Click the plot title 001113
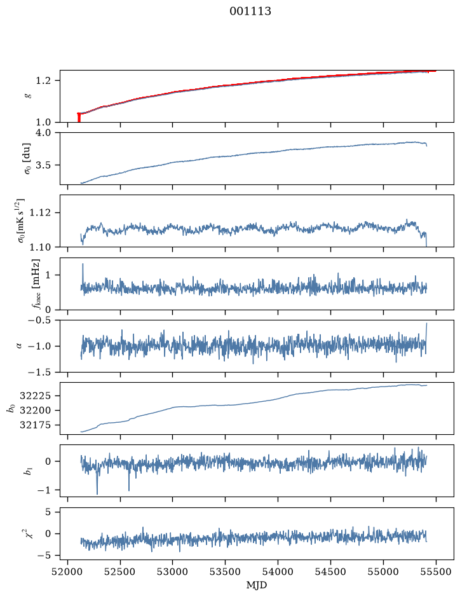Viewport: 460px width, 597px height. coord(250,11)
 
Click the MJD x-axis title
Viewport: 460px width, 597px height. coord(257,585)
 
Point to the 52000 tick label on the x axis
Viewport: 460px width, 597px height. coord(68,572)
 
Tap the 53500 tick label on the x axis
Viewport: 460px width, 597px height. coord(226,572)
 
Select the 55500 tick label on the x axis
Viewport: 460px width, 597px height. coord(436,572)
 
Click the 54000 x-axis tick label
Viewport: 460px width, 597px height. coord(278,572)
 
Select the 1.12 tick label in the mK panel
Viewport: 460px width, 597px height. coord(39,212)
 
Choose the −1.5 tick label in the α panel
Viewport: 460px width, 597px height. coord(39,372)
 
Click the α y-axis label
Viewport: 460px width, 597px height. coord(19,346)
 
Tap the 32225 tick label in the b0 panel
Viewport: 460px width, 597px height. coord(35,396)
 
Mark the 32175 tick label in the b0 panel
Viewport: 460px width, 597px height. coord(35,425)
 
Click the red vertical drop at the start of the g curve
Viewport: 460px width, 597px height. coord(79,118)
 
